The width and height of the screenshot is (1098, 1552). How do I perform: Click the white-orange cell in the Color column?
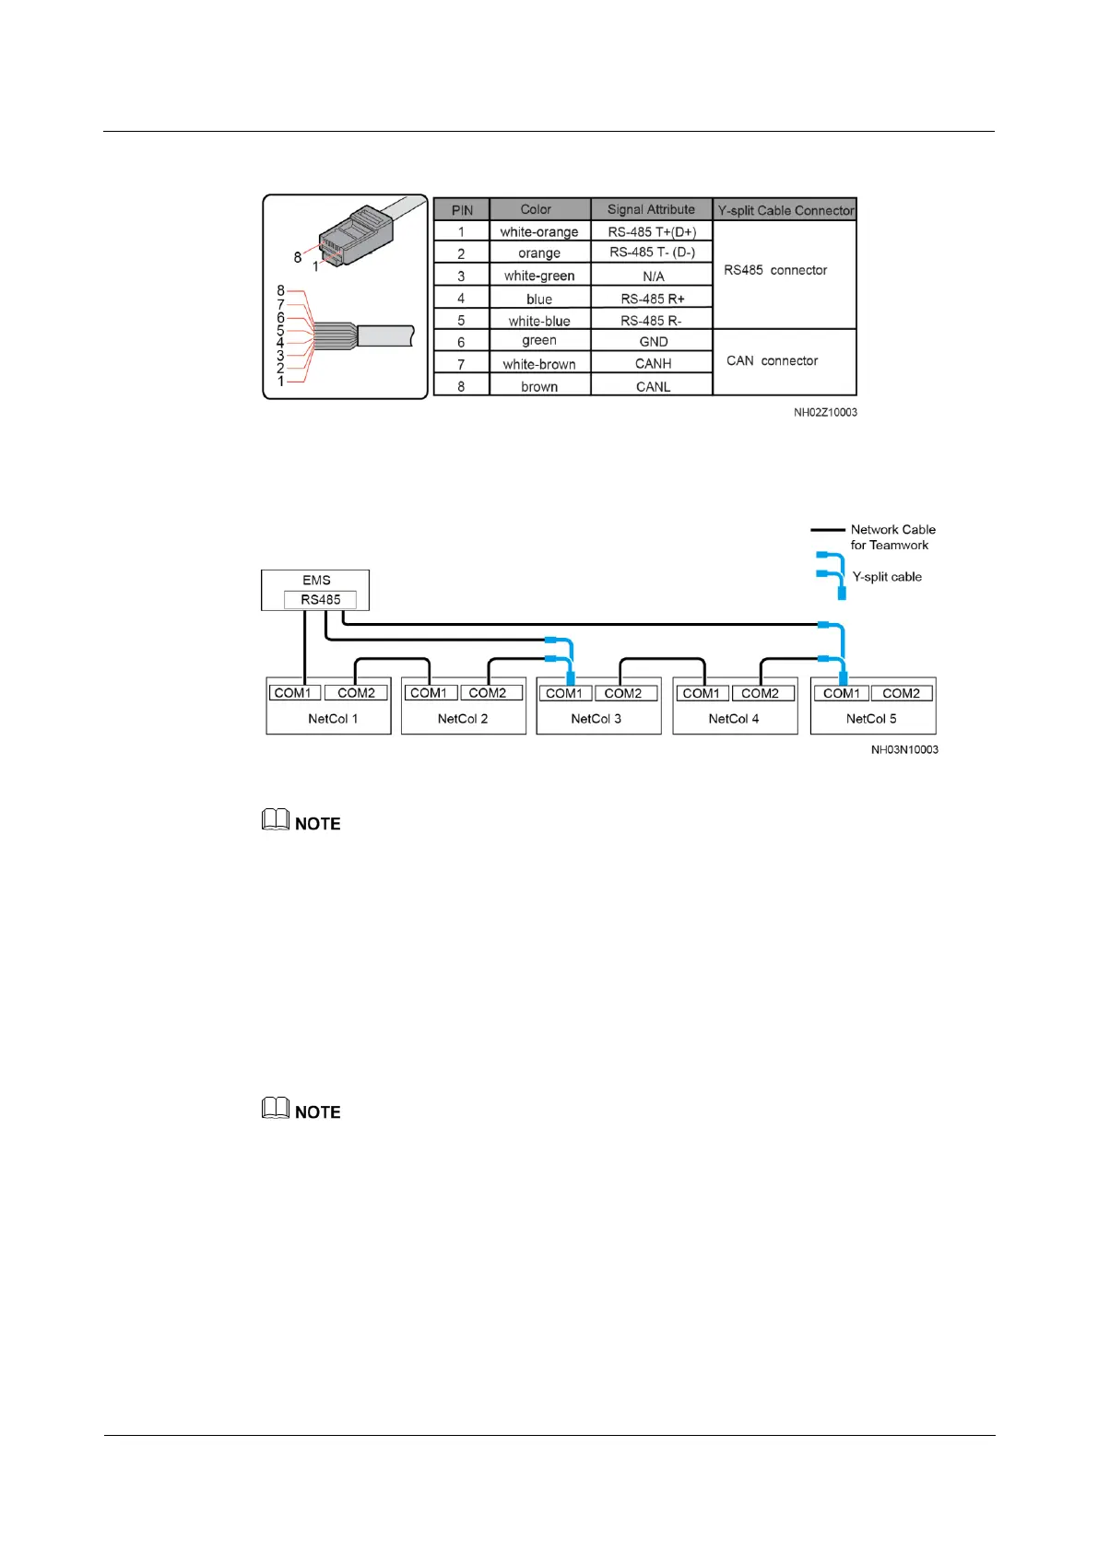pyautogui.click(x=539, y=231)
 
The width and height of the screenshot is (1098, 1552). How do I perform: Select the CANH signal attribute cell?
pyautogui.click(x=653, y=364)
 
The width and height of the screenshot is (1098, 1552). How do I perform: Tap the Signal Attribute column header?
pyautogui.click(x=651, y=209)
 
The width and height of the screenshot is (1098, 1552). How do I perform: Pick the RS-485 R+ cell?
pyautogui.click(x=653, y=299)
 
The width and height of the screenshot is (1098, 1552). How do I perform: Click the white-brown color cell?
pyautogui.click(x=539, y=364)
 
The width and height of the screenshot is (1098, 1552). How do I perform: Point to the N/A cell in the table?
pyautogui.click(x=653, y=276)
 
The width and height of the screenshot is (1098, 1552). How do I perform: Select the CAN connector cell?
pyautogui.click(x=773, y=360)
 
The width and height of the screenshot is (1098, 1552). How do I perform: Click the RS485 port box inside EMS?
pyautogui.click(x=320, y=600)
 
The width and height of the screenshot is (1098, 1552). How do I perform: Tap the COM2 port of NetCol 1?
pyautogui.click(x=356, y=693)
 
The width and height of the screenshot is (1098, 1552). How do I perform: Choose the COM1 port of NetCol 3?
pyautogui.click(x=564, y=693)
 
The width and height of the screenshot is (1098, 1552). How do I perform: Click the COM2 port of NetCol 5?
pyautogui.click(x=901, y=693)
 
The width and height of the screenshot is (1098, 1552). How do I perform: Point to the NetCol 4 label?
pyautogui.click(x=734, y=719)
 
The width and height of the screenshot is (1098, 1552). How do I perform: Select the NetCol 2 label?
pyautogui.click(x=463, y=719)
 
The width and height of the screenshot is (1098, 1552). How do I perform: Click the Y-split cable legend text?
pyautogui.click(x=887, y=577)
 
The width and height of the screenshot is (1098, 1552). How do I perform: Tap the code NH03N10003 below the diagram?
pyautogui.click(x=904, y=750)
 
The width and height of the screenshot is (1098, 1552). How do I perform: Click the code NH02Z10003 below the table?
pyautogui.click(x=825, y=413)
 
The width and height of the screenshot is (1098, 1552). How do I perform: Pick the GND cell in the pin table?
pyautogui.click(x=653, y=342)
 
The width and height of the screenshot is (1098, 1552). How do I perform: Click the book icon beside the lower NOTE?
pyautogui.click(x=276, y=1108)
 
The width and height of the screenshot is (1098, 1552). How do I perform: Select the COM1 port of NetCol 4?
pyautogui.click(x=702, y=693)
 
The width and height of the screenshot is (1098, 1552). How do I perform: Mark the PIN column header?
pyautogui.click(x=462, y=210)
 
